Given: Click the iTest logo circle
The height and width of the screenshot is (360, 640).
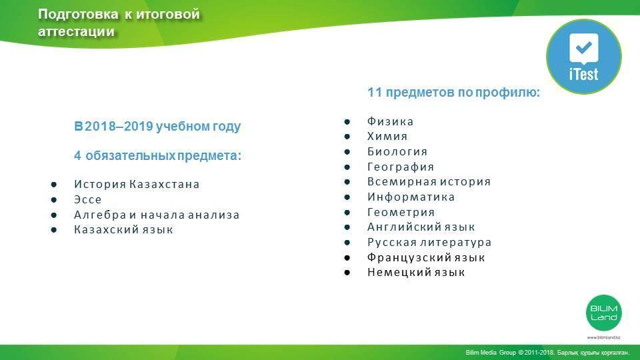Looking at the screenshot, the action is point(584,56).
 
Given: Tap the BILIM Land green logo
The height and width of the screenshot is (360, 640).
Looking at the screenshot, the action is point(604,313).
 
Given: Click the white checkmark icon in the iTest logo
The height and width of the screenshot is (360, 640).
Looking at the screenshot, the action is point(584,49).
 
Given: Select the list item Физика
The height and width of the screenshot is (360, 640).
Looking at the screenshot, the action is point(390,121).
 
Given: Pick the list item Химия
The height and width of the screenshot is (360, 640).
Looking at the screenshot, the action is point(387,136).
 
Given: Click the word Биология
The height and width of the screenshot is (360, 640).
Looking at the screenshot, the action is point(397,151).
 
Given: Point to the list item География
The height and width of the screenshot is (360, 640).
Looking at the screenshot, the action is point(401,167).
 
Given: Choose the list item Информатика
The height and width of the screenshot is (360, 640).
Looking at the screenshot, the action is point(411,197).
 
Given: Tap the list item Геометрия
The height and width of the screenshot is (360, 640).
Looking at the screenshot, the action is point(401,212).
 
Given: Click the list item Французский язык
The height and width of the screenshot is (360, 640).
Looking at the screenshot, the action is point(426,257).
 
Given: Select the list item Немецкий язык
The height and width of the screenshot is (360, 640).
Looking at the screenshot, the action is point(416,272).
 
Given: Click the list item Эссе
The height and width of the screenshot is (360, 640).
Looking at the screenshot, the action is point(88,199).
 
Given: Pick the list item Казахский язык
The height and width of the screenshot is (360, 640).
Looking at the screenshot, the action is point(124,230).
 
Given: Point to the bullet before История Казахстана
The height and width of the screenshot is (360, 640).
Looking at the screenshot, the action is point(54,185).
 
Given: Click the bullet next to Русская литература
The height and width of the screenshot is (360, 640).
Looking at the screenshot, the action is point(347,243).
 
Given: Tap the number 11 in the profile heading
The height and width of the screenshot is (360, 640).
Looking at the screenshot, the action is point(374,92).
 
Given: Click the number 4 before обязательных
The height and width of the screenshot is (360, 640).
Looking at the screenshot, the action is point(77,155).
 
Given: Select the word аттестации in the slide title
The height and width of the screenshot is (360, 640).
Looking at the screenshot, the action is point(76,31).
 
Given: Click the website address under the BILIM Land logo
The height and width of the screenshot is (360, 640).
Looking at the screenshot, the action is point(604,337).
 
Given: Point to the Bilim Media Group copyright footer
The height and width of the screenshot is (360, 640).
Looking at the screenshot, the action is point(547,352).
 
